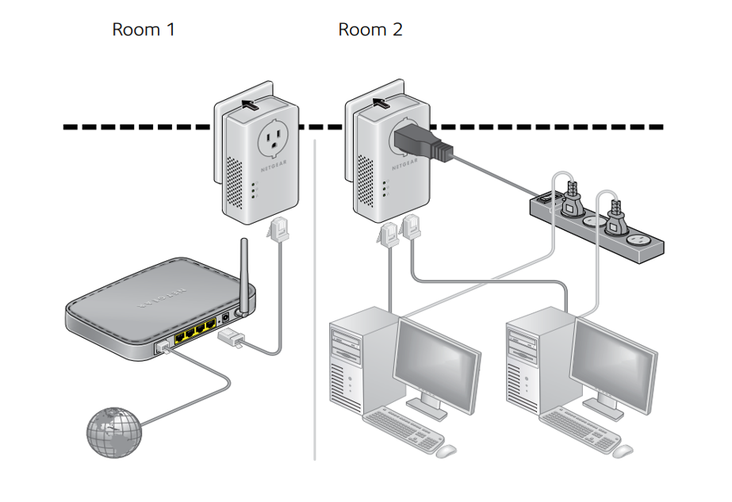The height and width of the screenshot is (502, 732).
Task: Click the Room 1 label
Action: tap(143, 30)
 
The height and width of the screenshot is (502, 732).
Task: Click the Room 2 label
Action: tap(370, 30)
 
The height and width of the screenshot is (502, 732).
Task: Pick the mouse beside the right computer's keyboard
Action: tap(623, 450)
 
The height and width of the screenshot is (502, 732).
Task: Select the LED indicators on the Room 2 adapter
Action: tap(384, 189)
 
